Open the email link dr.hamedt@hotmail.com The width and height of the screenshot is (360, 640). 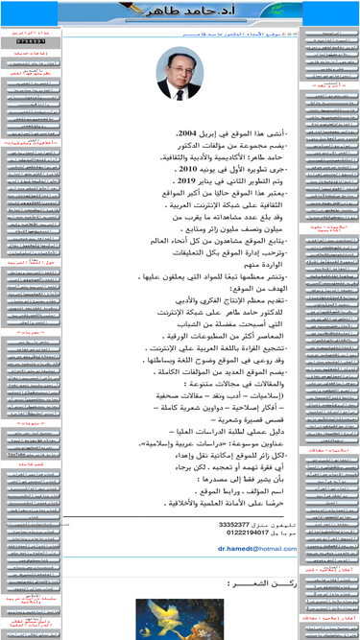257,549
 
